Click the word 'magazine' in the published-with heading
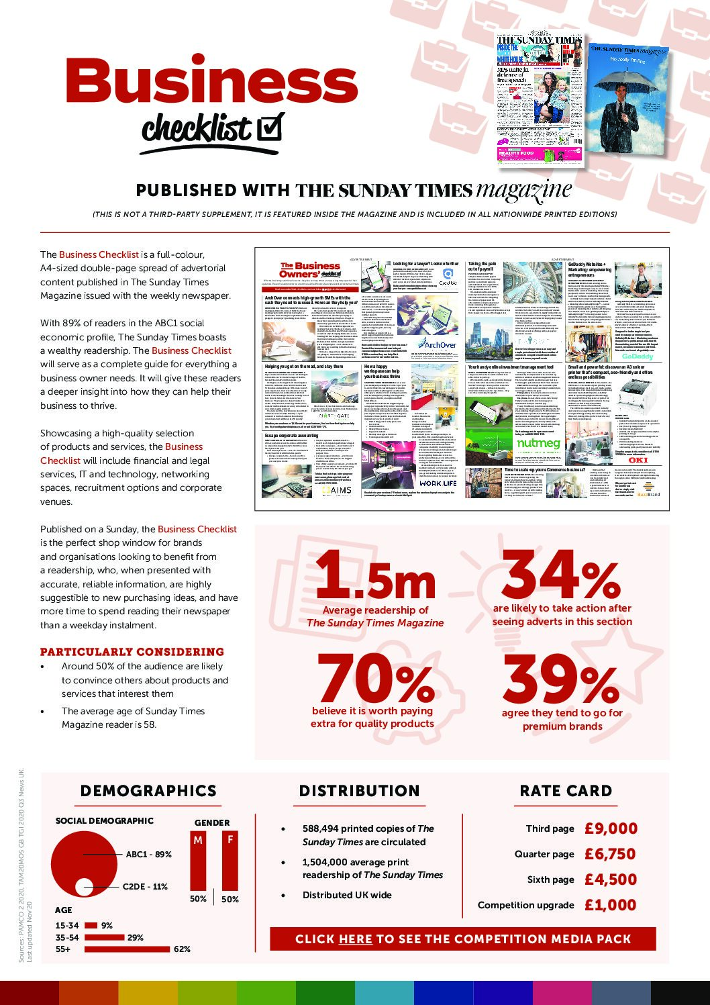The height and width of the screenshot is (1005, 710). coord(523,191)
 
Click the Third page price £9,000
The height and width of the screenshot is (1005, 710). coord(610,828)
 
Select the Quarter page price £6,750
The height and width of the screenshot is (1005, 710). coord(610,854)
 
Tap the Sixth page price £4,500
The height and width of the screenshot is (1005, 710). coord(610,879)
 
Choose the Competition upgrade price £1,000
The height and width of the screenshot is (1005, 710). coord(610,905)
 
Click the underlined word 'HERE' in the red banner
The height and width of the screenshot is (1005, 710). coord(356,939)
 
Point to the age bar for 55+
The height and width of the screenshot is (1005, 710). coord(127,949)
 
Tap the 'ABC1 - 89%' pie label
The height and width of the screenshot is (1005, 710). coord(148,855)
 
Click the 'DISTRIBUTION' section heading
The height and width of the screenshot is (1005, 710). coord(359,791)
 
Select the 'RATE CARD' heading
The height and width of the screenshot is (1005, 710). coord(566,791)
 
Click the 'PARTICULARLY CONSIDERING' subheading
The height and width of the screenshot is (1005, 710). coord(132,652)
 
